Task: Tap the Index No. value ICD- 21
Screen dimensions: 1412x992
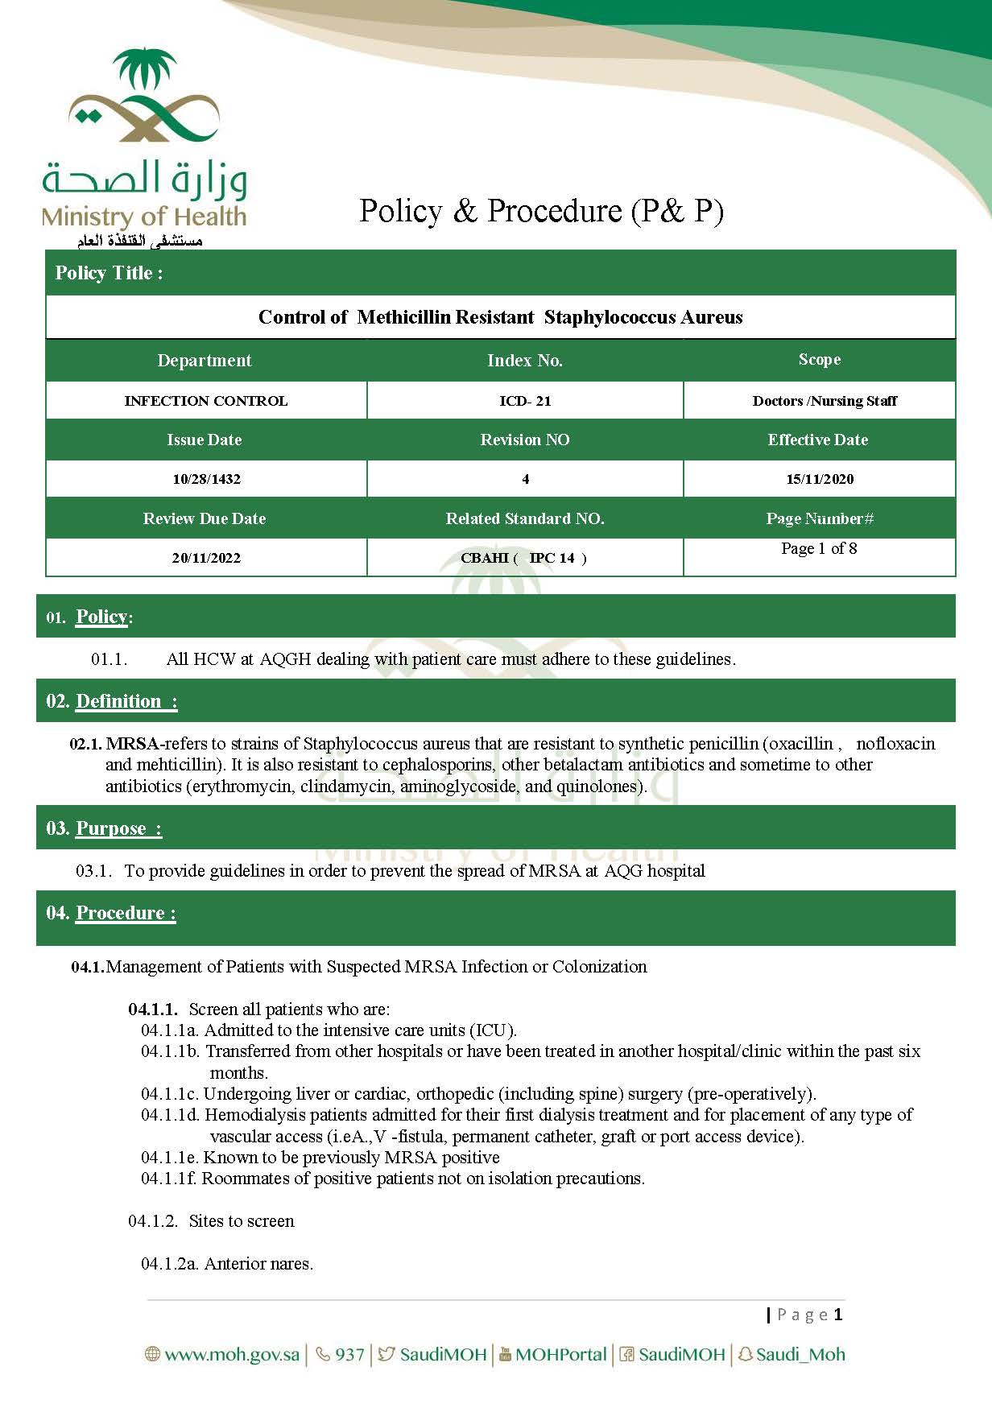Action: (525, 401)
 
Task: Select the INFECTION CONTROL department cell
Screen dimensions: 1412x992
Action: (206, 401)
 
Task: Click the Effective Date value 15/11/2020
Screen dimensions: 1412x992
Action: (820, 479)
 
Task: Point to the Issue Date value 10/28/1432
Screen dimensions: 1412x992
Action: (206, 479)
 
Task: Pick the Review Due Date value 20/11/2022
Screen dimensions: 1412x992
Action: (206, 558)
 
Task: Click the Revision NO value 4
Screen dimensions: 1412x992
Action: (525, 479)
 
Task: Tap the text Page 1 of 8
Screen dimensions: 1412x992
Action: (819, 548)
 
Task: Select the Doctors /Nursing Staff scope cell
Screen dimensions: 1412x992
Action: (825, 401)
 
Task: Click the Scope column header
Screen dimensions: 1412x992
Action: (820, 360)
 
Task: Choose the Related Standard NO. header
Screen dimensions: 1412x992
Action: (525, 518)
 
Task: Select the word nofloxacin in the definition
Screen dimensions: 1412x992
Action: (895, 743)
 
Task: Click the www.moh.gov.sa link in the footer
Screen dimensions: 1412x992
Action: (231, 1354)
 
